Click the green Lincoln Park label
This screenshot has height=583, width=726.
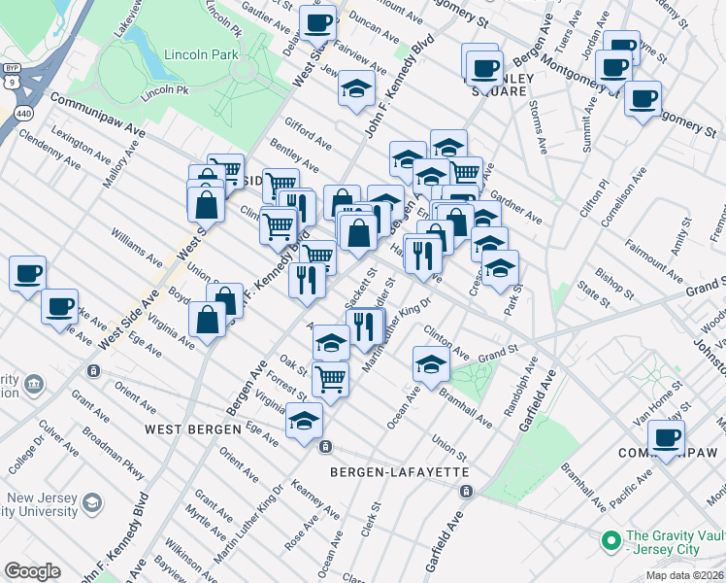pos(201,55)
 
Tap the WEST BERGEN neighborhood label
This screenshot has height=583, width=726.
pos(192,429)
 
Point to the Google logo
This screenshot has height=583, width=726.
pos(33,570)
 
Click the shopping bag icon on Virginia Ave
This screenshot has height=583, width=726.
pos(209,318)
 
